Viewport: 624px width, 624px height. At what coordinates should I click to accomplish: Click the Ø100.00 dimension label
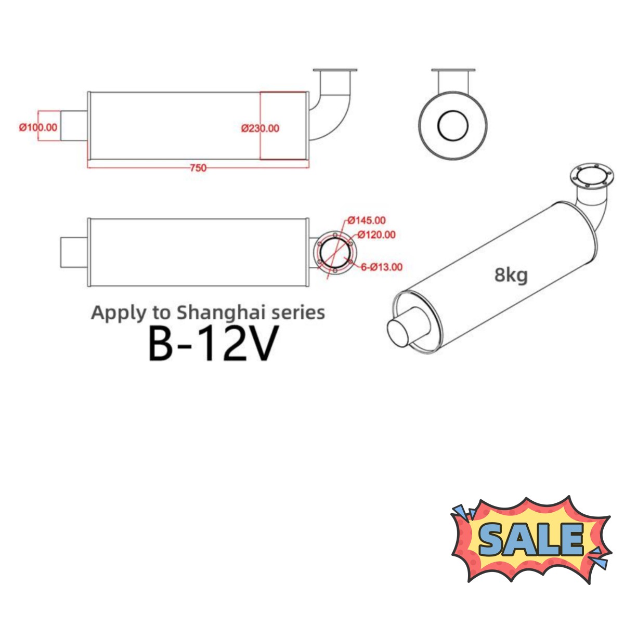(38, 127)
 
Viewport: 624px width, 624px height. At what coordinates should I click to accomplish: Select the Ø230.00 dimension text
(260, 128)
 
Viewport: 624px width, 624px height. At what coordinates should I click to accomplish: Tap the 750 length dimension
(198, 167)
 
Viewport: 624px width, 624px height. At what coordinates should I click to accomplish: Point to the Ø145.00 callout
(367, 220)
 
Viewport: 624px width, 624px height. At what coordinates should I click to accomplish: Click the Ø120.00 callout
(376, 235)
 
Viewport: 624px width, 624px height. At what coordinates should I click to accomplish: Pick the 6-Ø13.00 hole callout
(382, 267)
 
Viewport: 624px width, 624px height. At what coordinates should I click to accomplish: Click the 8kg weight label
(511, 275)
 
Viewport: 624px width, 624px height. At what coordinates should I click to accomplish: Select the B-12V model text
(210, 343)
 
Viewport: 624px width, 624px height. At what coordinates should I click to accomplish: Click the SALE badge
(530, 539)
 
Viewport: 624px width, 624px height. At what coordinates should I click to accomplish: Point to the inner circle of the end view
(452, 126)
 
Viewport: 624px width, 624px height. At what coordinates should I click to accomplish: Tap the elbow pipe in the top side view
(333, 109)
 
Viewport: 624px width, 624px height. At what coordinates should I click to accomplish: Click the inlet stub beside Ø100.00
(74, 126)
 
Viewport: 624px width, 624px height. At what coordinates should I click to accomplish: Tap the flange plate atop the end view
(453, 71)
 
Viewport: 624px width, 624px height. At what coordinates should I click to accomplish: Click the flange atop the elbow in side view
(335, 71)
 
